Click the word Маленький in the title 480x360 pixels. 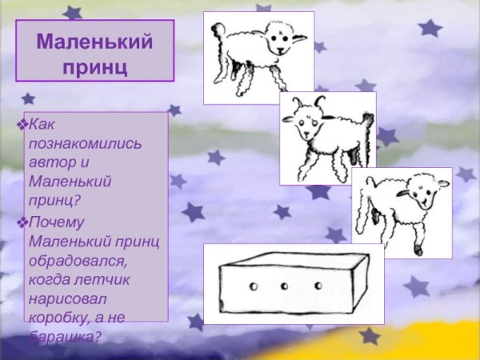[94, 41]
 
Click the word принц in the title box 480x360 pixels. [94, 65]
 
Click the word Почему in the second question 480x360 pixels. [56, 222]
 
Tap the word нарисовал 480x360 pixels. [67, 299]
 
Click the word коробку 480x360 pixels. [66, 318]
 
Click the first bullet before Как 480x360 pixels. [22, 126]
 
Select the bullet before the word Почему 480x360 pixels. [22, 222]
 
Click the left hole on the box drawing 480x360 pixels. [252, 286]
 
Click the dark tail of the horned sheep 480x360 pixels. [367, 124]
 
